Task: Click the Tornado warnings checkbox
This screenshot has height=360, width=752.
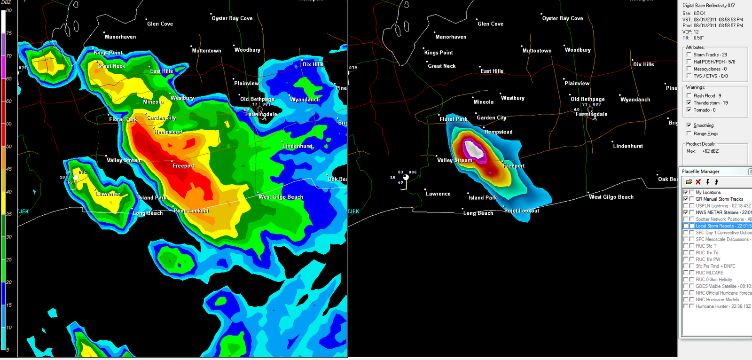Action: pos(689,110)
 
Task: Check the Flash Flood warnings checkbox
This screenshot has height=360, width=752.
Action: pos(689,95)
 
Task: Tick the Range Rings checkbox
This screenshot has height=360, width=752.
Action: pos(689,133)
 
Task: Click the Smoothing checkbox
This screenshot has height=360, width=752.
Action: pos(689,125)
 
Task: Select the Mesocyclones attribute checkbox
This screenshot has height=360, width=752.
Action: pos(689,69)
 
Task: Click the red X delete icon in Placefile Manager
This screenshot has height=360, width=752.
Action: pos(698,182)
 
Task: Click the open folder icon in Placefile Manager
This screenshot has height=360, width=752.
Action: pos(689,182)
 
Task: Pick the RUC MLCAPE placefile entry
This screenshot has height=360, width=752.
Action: pos(709,273)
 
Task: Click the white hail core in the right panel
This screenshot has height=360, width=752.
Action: pos(474,150)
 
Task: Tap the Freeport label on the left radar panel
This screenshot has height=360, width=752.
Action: pos(183,166)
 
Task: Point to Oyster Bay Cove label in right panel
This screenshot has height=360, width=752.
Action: pos(563,18)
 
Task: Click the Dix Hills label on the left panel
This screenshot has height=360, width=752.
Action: pos(313,64)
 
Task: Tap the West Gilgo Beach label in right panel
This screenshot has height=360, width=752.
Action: pos(611,197)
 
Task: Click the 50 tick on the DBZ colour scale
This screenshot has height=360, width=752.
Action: pos(8,146)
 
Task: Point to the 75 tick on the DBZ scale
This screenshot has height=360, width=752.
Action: pos(8,33)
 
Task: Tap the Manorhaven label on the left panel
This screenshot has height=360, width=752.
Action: pos(120,37)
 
